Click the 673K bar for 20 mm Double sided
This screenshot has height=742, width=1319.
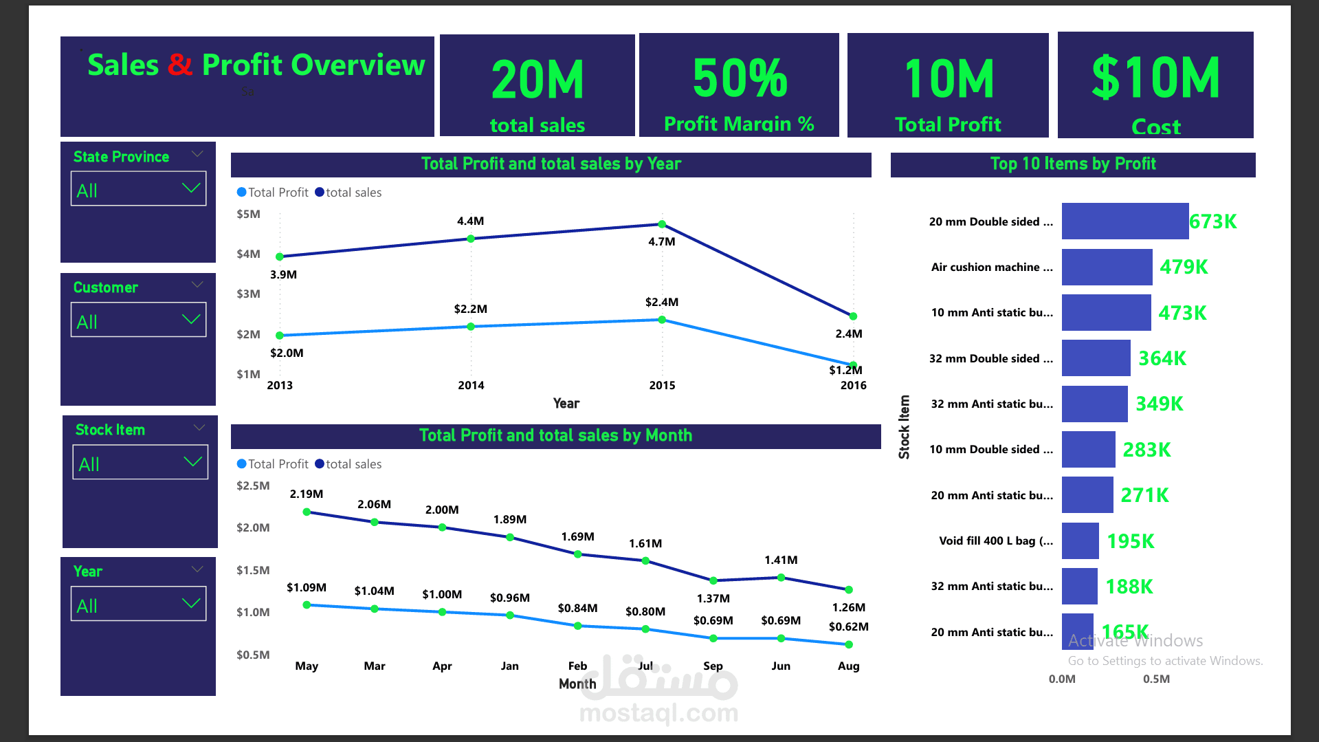pos(1124,221)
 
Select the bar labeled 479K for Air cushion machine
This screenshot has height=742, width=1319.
pos(1107,267)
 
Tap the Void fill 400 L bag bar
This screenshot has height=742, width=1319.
pos(1080,541)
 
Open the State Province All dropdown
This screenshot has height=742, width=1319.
pos(138,189)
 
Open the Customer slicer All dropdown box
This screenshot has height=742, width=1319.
pos(138,320)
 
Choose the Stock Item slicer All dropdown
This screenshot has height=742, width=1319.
pos(140,463)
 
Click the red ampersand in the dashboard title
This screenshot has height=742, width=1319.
pos(179,65)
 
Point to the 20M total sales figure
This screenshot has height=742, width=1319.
pos(537,80)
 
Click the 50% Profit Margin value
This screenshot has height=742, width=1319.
pos(739,78)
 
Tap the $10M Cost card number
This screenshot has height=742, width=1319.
pos(1155,78)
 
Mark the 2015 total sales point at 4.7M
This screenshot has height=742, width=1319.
pos(662,224)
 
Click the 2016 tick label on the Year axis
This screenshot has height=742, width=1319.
pos(853,385)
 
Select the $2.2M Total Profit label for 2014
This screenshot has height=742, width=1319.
pos(470,309)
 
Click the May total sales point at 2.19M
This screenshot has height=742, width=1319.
pos(307,512)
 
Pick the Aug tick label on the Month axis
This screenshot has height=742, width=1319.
pos(848,666)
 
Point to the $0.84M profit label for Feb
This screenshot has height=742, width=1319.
pos(577,608)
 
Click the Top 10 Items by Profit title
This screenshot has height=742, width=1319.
pos(1072,164)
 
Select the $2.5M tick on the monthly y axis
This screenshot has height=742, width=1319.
pos(253,485)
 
